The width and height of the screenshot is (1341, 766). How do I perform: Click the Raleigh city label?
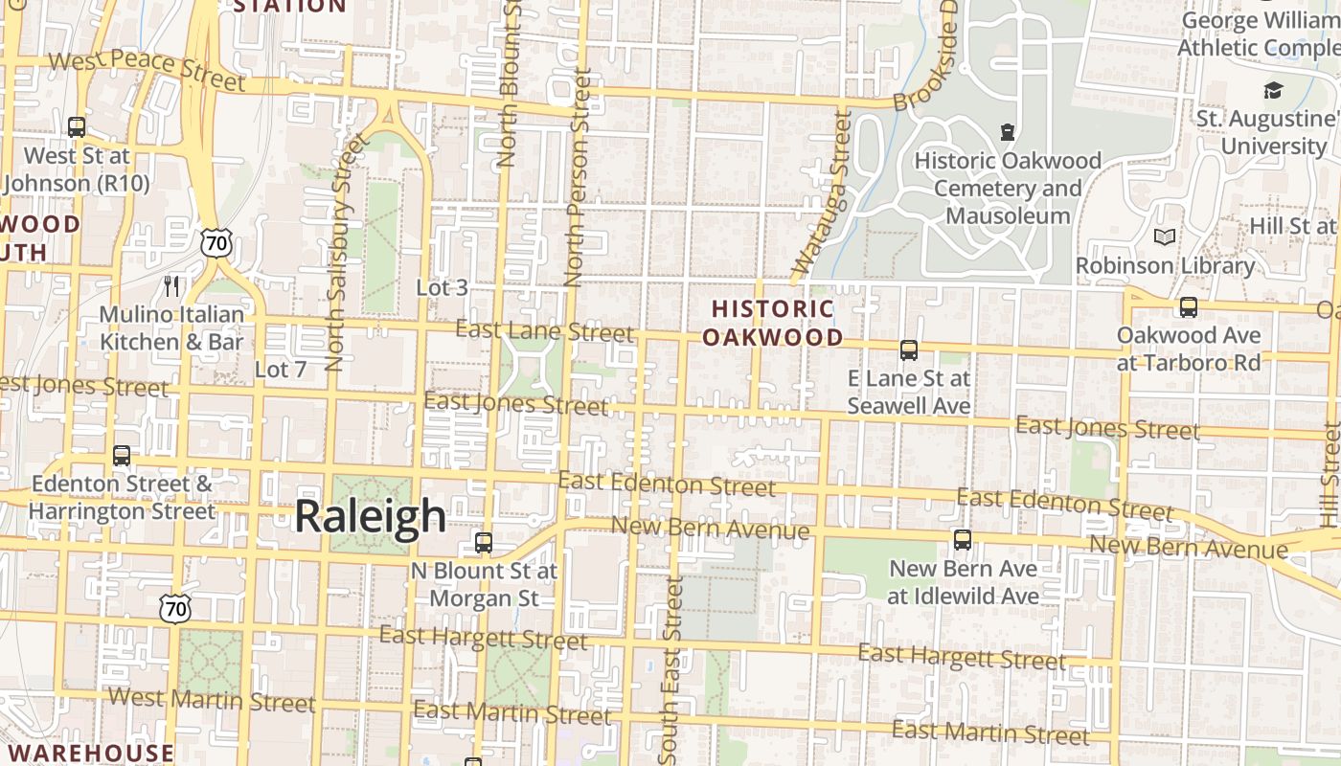click(x=370, y=516)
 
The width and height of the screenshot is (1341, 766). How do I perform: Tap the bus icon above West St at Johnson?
click(x=77, y=127)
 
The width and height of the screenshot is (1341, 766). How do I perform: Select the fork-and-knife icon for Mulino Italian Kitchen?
click(x=171, y=285)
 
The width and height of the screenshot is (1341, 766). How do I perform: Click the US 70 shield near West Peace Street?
click(x=216, y=243)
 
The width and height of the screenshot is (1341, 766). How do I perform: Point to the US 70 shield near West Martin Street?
click(x=175, y=608)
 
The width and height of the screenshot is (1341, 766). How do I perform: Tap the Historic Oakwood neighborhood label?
click(x=773, y=323)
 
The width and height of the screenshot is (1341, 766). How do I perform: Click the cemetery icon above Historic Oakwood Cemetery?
click(x=1007, y=131)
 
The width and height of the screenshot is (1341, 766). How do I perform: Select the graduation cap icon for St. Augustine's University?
click(x=1273, y=91)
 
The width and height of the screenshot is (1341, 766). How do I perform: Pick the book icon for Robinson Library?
click(x=1165, y=237)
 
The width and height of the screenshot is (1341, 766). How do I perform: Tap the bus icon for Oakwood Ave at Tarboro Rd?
click(x=1188, y=307)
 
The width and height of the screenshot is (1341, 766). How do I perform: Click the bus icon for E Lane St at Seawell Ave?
click(x=909, y=350)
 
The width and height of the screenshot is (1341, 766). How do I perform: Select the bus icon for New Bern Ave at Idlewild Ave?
click(x=963, y=540)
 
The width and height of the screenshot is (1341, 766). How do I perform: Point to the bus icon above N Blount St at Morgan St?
click(x=484, y=543)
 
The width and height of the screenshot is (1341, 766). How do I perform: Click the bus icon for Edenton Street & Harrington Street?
click(x=122, y=456)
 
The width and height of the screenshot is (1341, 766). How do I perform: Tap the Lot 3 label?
click(x=443, y=287)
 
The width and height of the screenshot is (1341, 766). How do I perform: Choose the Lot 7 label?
click(x=281, y=369)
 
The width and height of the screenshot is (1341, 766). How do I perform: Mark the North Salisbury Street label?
click(x=347, y=254)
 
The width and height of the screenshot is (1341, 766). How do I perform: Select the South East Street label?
click(x=671, y=670)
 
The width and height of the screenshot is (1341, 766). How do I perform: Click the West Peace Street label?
click(x=147, y=71)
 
